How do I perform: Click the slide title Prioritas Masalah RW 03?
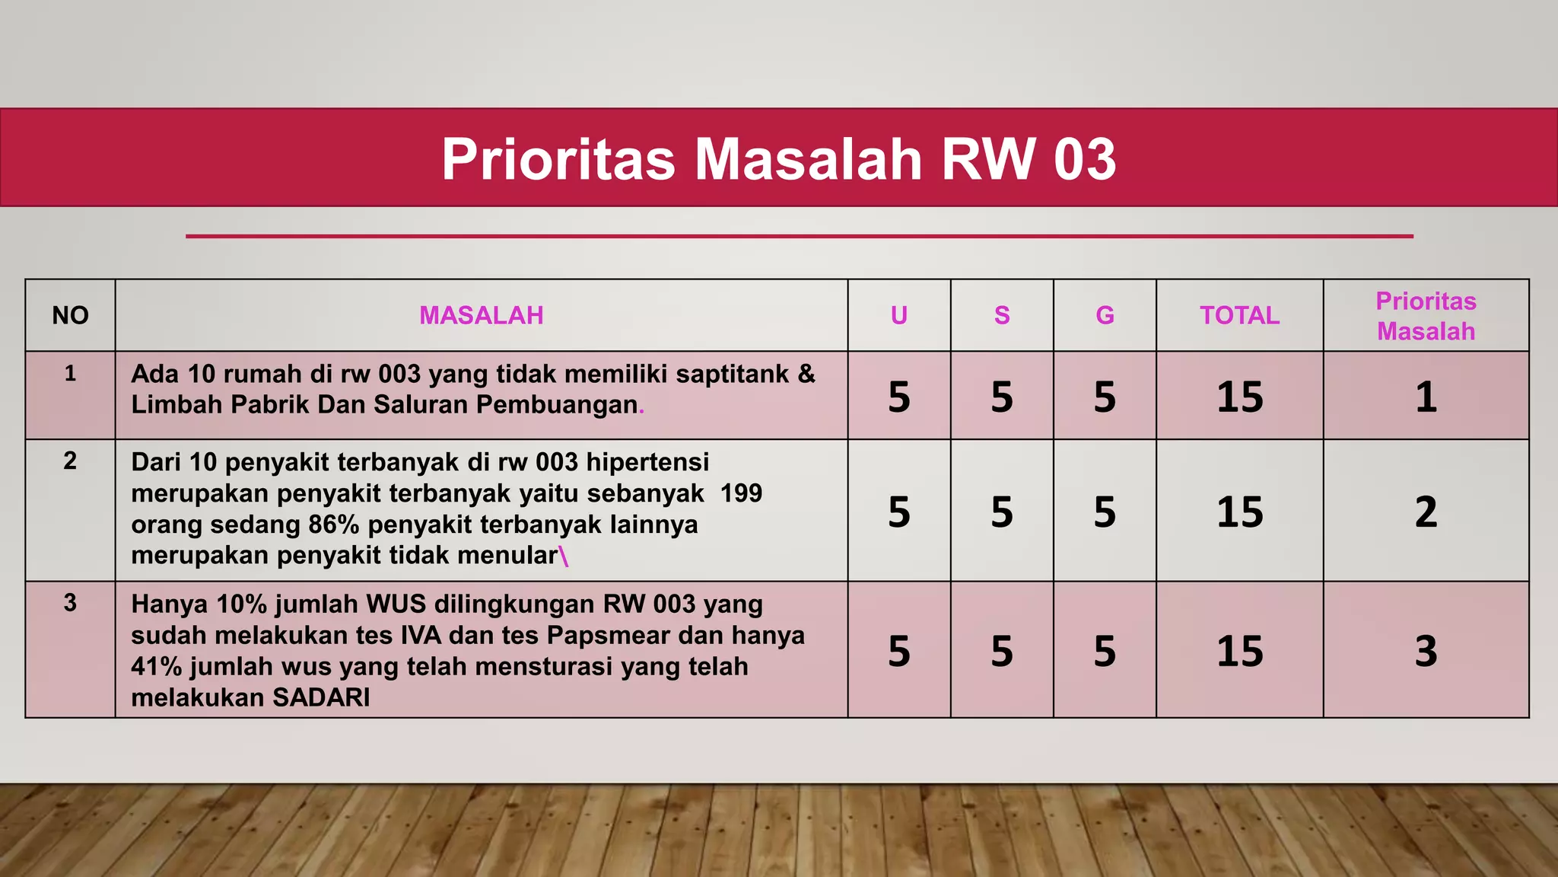[x=778, y=159]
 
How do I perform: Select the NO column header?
[x=70, y=315]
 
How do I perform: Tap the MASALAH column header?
[x=481, y=315]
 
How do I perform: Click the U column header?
[x=898, y=315]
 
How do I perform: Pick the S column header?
[x=1002, y=315]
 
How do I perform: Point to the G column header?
[x=1105, y=315]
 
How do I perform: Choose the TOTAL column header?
[x=1239, y=315]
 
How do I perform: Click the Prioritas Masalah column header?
[x=1426, y=316]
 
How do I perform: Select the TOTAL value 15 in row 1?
[x=1239, y=397]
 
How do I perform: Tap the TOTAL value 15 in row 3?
[x=1239, y=651]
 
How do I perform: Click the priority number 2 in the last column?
[x=1426, y=512]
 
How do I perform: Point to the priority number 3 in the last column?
[x=1426, y=651]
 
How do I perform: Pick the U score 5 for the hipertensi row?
[x=898, y=512]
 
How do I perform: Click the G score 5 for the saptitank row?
[x=1105, y=397]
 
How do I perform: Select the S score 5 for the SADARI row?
[x=1002, y=651]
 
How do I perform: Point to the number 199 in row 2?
[x=741, y=493]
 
